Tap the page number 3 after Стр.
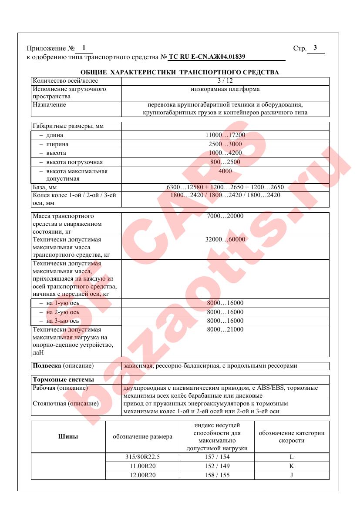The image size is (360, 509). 315,48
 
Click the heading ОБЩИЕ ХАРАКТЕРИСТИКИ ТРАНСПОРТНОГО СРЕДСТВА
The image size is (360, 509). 180,72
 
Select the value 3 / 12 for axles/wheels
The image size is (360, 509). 225,81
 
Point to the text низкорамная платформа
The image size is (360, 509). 225,89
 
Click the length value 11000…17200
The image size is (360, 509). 225,135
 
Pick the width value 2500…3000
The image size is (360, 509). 225,144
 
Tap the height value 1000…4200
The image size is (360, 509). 225,153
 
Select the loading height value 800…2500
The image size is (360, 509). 225,162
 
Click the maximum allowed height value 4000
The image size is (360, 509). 225,171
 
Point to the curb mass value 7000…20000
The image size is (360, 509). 225,216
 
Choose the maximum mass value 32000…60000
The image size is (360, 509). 225,240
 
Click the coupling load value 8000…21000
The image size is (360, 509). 225,330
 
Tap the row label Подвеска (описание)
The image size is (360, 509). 64,366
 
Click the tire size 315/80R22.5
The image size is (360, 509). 142,457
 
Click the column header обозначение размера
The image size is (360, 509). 142,437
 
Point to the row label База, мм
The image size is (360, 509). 46,188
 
